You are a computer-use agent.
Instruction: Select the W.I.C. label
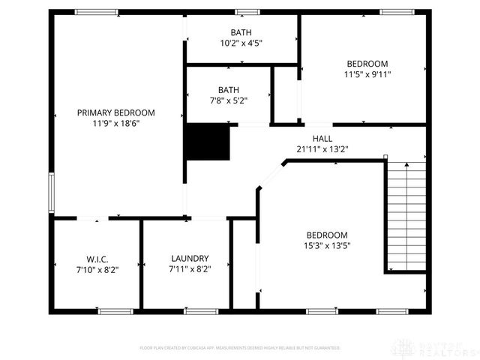(97, 258)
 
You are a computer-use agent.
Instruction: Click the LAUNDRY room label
(190, 258)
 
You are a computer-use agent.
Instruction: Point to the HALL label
(322, 139)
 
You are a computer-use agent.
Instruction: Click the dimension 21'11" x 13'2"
(322, 148)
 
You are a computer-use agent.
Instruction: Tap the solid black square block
(207, 142)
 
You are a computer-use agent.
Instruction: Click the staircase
(406, 217)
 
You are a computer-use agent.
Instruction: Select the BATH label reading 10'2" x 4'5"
(241, 32)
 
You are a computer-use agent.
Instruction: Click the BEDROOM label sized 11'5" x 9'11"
(367, 64)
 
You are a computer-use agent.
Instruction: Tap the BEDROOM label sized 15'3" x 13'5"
(326, 235)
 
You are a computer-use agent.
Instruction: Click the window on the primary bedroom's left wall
(51, 193)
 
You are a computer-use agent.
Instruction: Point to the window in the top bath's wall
(247, 11)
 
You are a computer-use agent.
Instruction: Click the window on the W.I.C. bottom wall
(116, 311)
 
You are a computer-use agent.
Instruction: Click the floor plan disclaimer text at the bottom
(240, 348)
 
